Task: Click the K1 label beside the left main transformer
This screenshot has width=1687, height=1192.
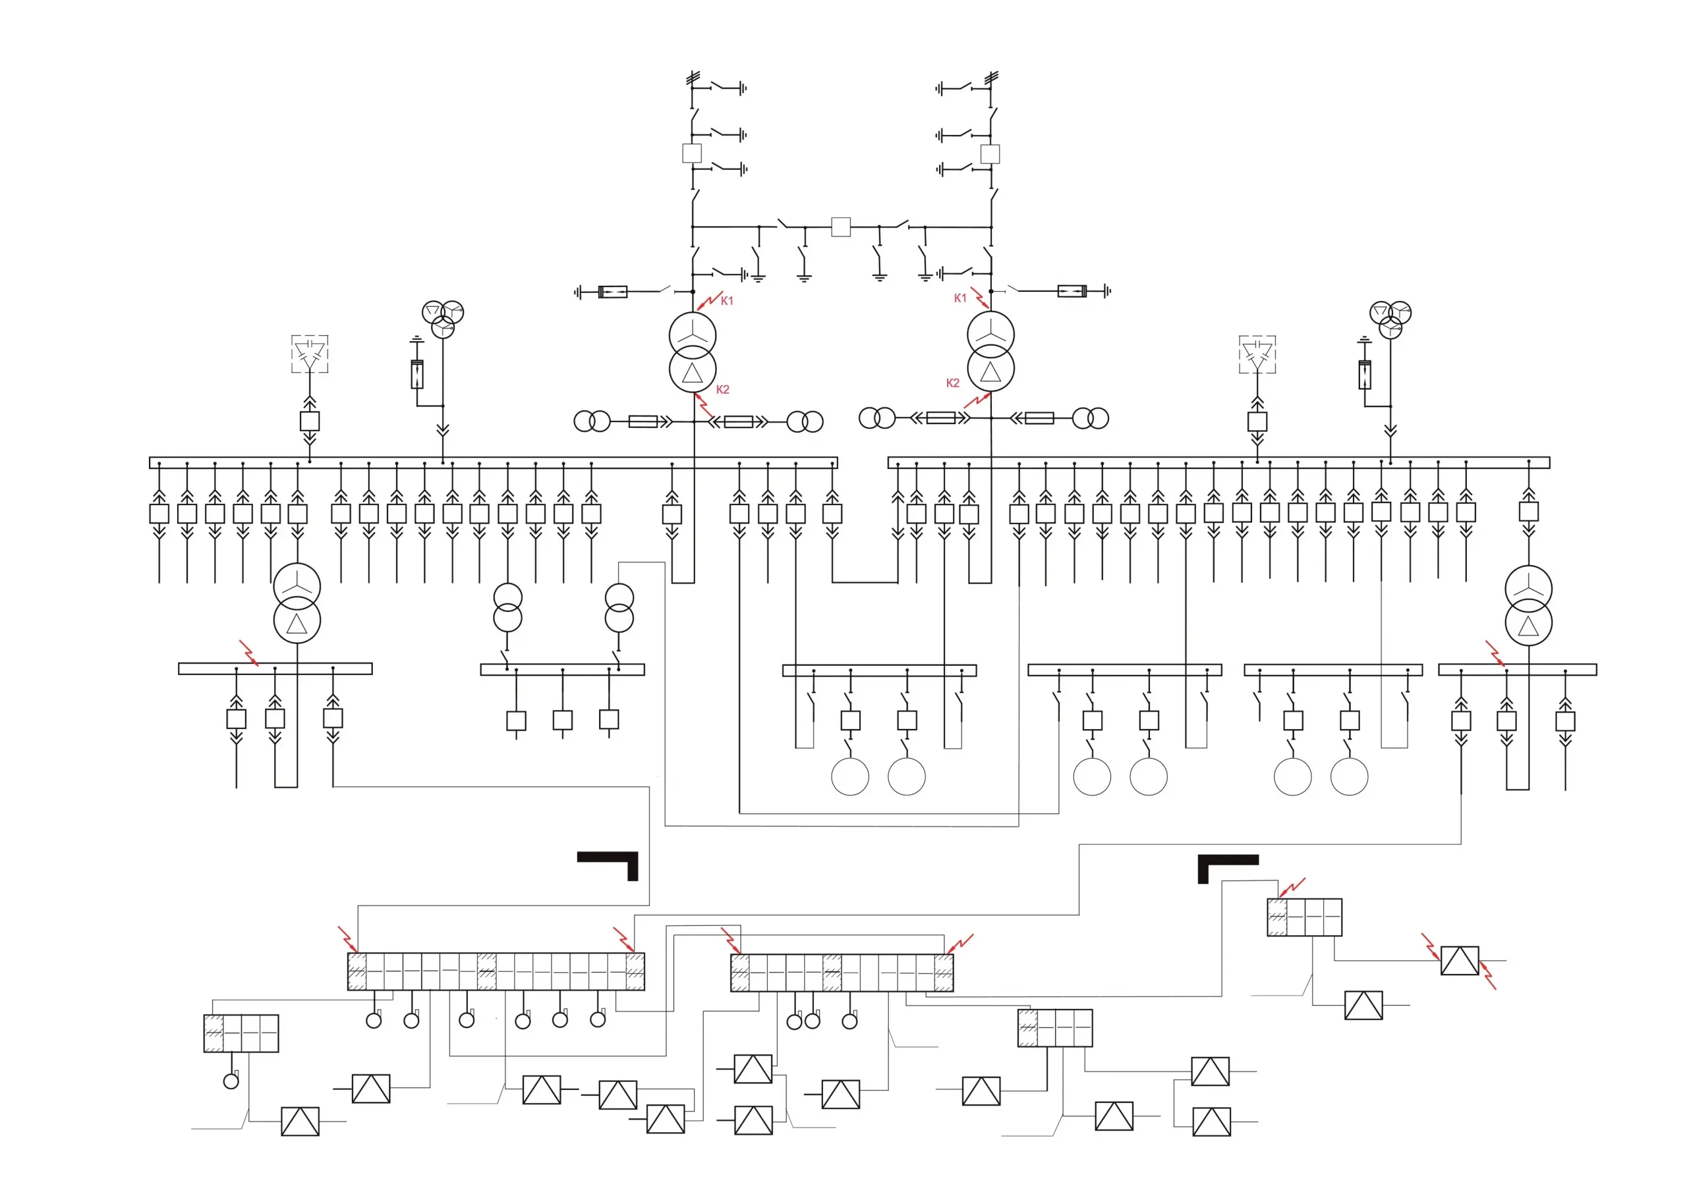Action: (x=727, y=300)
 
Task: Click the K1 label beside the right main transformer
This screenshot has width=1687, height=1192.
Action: (x=959, y=298)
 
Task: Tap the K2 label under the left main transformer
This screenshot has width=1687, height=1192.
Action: (x=722, y=389)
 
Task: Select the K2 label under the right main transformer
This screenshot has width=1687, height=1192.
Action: (x=952, y=383)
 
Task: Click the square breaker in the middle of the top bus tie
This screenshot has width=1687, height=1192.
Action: (x=841, y=227)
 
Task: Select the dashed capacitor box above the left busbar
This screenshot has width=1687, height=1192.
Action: (x=309, y=354)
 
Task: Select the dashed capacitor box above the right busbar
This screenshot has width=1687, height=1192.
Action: (x=1257, y=354)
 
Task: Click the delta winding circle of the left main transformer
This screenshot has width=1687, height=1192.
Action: (x=692, y=370)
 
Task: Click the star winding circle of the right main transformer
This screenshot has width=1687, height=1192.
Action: (x=990, y=334)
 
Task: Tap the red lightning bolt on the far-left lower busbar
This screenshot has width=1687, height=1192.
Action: (x=249, y=652)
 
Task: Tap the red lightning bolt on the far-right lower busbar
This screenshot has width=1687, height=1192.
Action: (x=1495, y=652)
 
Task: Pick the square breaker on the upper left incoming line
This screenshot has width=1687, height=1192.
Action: (x=691, y=153)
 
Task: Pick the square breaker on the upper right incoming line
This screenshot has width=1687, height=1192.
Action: (x=990, y=153)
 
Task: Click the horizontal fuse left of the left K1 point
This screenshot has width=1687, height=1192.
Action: (x=613, y=292)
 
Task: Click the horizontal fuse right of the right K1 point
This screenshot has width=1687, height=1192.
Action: (x=1072, y=291)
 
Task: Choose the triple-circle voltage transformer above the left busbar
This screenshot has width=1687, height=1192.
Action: (x=442, y=318)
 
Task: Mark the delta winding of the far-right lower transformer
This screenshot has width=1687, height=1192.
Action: (x=1528, y=624)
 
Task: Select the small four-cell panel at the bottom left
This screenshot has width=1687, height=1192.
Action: (x=241, y=1033)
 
